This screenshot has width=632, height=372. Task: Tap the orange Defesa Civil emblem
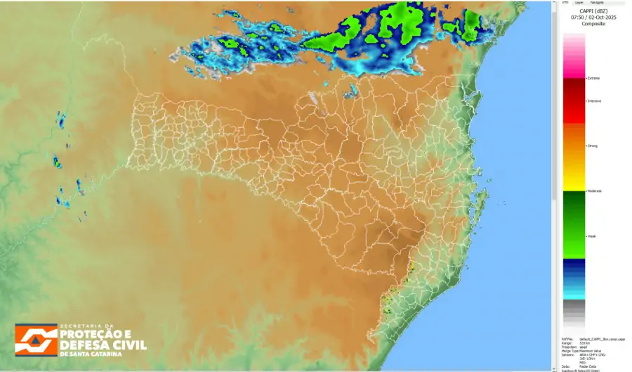click(36, 340)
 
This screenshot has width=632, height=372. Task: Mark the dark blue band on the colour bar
click(574, 267)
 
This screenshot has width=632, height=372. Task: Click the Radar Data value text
click(588, 366)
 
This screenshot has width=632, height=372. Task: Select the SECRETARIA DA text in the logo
click(86, 326)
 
